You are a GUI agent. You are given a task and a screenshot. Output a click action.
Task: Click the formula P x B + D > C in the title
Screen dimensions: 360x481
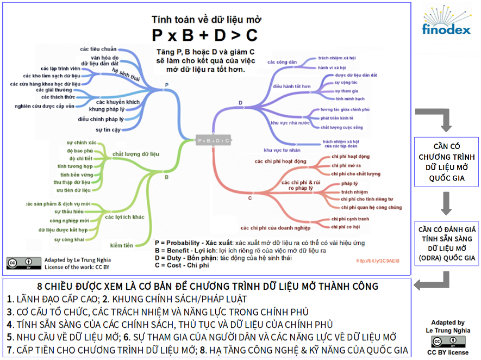click(205, 35)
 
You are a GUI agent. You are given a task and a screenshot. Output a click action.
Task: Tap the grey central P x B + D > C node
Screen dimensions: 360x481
click(213, 140)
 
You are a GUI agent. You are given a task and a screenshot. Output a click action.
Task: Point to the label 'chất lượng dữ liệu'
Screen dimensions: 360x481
click(136, 154)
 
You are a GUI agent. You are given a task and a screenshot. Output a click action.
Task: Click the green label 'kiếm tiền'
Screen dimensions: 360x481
click(121, 245)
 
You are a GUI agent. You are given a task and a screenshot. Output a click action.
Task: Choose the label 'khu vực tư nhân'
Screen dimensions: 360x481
click(282, 150)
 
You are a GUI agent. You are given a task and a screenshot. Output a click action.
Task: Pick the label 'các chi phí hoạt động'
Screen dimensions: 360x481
click(280, 162)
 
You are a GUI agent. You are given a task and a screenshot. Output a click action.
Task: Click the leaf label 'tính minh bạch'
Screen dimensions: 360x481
click(350, 99)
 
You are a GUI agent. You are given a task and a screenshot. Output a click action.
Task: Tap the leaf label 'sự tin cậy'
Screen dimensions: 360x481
click(108, 129)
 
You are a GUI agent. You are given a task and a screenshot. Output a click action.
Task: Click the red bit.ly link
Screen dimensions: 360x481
click(378, 261)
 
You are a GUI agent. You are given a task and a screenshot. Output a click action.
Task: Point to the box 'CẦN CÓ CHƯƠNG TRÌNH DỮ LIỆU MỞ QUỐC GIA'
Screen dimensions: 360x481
click(447, 162)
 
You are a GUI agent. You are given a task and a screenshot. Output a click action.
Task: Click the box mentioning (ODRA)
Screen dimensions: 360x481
click(447, 243)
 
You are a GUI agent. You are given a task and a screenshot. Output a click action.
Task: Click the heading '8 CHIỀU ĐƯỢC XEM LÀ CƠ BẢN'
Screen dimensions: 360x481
click(207, 286)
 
